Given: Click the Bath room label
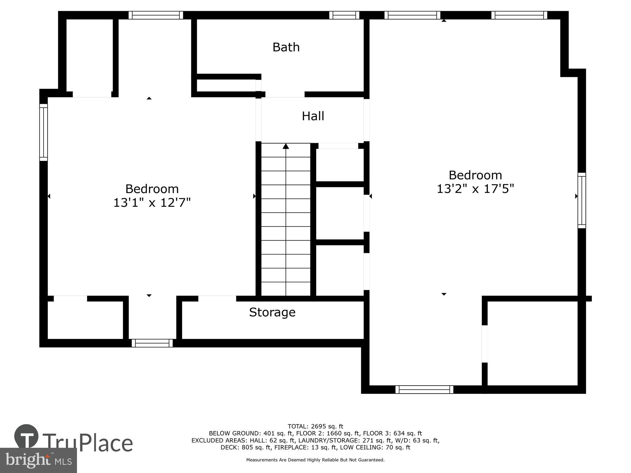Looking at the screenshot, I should click(286, 47).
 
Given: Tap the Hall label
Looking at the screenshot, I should click(313, 116).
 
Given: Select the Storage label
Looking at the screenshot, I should click(272, 312).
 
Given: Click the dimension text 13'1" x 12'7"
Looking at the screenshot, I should click(152, 202).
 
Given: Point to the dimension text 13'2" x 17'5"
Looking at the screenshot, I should click(475, 189).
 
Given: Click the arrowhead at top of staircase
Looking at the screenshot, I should click(286, 146).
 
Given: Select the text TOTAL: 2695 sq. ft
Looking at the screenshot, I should click(315, 426).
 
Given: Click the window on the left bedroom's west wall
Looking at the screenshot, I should click(44, 132).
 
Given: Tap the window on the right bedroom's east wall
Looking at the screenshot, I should click(581, 200).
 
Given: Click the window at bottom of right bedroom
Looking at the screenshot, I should click(424, 389).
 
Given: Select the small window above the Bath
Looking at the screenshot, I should click(344, 15).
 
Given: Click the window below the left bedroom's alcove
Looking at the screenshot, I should click(152, 343).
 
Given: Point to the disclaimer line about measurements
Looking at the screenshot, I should click(315, 460).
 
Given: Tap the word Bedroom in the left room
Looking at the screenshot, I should click(152, 189).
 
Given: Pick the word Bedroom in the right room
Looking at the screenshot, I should click(475, 175).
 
